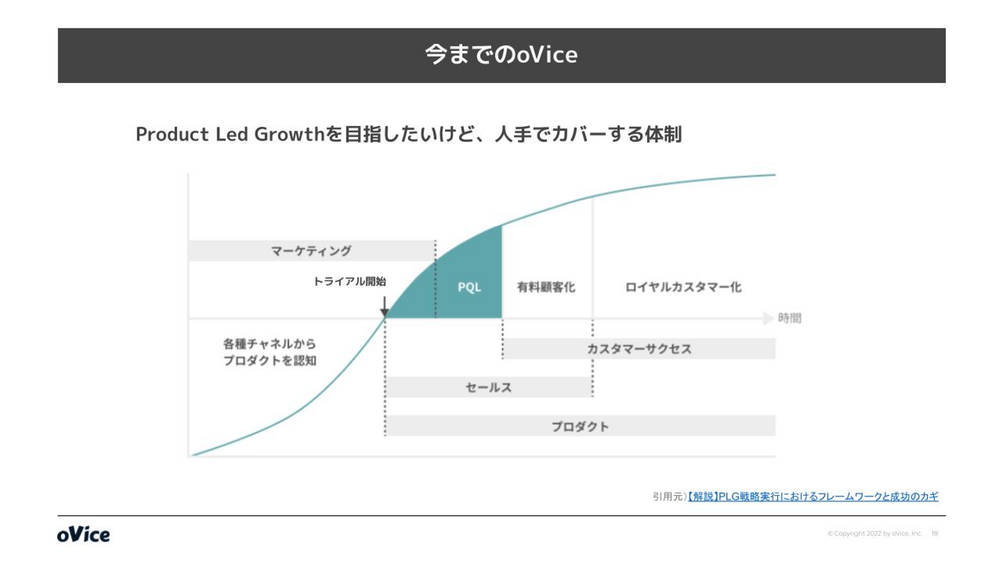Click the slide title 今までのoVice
point(501,55)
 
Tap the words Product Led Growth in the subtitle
point(230,134)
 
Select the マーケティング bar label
point(311,251)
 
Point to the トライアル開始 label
point(349,281)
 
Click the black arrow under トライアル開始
point(384,306)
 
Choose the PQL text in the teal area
point(469,287)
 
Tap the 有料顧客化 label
point(546,287)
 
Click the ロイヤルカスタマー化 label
point(683,287)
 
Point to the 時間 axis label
point(790,318)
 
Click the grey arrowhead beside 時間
point(768,318)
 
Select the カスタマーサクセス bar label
point(639,349)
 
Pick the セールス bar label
point(488,387)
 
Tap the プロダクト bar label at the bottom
point(580,427)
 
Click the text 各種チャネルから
point(270,344)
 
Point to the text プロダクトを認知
point(270,361)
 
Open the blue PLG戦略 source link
point(813,496)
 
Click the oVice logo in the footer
point(84,535)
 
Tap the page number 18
point(935,533)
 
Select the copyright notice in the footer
point(875,533)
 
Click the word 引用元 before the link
point(667,496)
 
